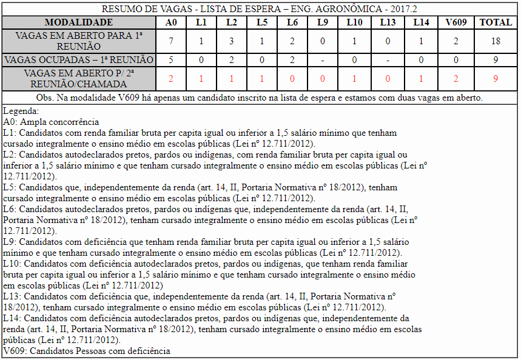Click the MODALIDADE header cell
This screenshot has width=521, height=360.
click(x=78, y=22)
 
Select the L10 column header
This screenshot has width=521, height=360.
click(x=355, y=22)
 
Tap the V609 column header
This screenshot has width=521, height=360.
click(x=456, y=22)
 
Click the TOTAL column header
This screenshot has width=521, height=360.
click(x=496, y=22)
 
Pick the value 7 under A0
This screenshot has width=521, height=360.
click(x=171, y=41)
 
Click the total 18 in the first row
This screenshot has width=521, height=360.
click(x=496, y=41)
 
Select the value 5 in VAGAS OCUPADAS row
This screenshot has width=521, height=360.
click(x=171, y=60)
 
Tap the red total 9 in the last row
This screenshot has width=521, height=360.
click(x=496, y=79)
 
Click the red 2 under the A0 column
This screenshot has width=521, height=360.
click(x=171, y=79)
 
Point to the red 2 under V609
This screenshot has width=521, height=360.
click(x=456, y=79)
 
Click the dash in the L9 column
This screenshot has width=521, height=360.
click(x=322, y=60)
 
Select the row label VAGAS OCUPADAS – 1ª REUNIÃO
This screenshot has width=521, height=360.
click(x=78, y=60)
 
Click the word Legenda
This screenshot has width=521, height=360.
click(x=21, y=111)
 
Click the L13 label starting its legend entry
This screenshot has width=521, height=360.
click(x=12, y=296)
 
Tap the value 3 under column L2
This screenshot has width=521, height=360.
click(x=231, y=41)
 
